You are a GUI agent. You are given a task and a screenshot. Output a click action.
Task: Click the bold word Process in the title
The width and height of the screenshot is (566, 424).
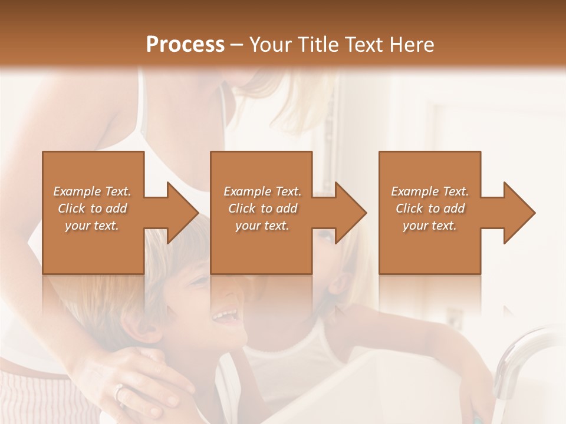pyautogui.click(x=185, y=45)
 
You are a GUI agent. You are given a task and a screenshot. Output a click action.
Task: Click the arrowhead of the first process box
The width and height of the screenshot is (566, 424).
pyautogui.click(x=180, y=213)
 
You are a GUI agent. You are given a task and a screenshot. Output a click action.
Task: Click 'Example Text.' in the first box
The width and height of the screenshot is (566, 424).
pyautogui.click(x=93, y=191)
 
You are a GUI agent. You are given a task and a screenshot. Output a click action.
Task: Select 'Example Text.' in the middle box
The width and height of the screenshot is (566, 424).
pyautogui.click(x=262, y=191)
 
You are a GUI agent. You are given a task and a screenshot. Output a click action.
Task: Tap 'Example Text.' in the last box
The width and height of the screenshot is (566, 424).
pyautogui.click(x=430, y=191)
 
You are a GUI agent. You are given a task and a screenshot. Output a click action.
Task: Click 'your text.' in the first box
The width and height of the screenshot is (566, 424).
pyautogui.click(x=93, y=226)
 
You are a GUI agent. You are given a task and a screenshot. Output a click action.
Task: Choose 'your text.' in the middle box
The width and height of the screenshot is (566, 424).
pyautogui.click(x=262, y=226)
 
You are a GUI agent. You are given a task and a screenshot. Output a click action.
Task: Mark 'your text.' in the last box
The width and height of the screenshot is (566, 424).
pyautogui.click(x=430, y=226)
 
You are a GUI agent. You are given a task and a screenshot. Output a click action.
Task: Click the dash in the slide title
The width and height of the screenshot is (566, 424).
pyautogui.click(x=237, y=45)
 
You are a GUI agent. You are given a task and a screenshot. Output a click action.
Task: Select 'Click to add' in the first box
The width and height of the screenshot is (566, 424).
pyautogui.click(x=93, y=208)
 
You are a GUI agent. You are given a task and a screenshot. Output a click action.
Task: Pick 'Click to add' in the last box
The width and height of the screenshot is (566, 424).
pyautogui.click(x=430, y=208)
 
